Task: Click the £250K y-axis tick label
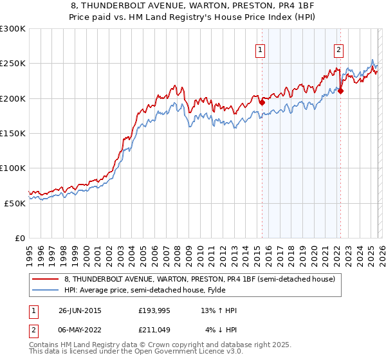click(x=13, y=64)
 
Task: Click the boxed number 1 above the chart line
click(x=261, y=50)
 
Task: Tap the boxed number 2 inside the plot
click(x=338, y=50)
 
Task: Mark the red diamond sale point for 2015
click(x=262, y=102)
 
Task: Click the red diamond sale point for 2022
click(x=340, y=91)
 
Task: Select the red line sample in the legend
click(x=46, y=279)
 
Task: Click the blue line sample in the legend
click(x=46, y=290)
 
